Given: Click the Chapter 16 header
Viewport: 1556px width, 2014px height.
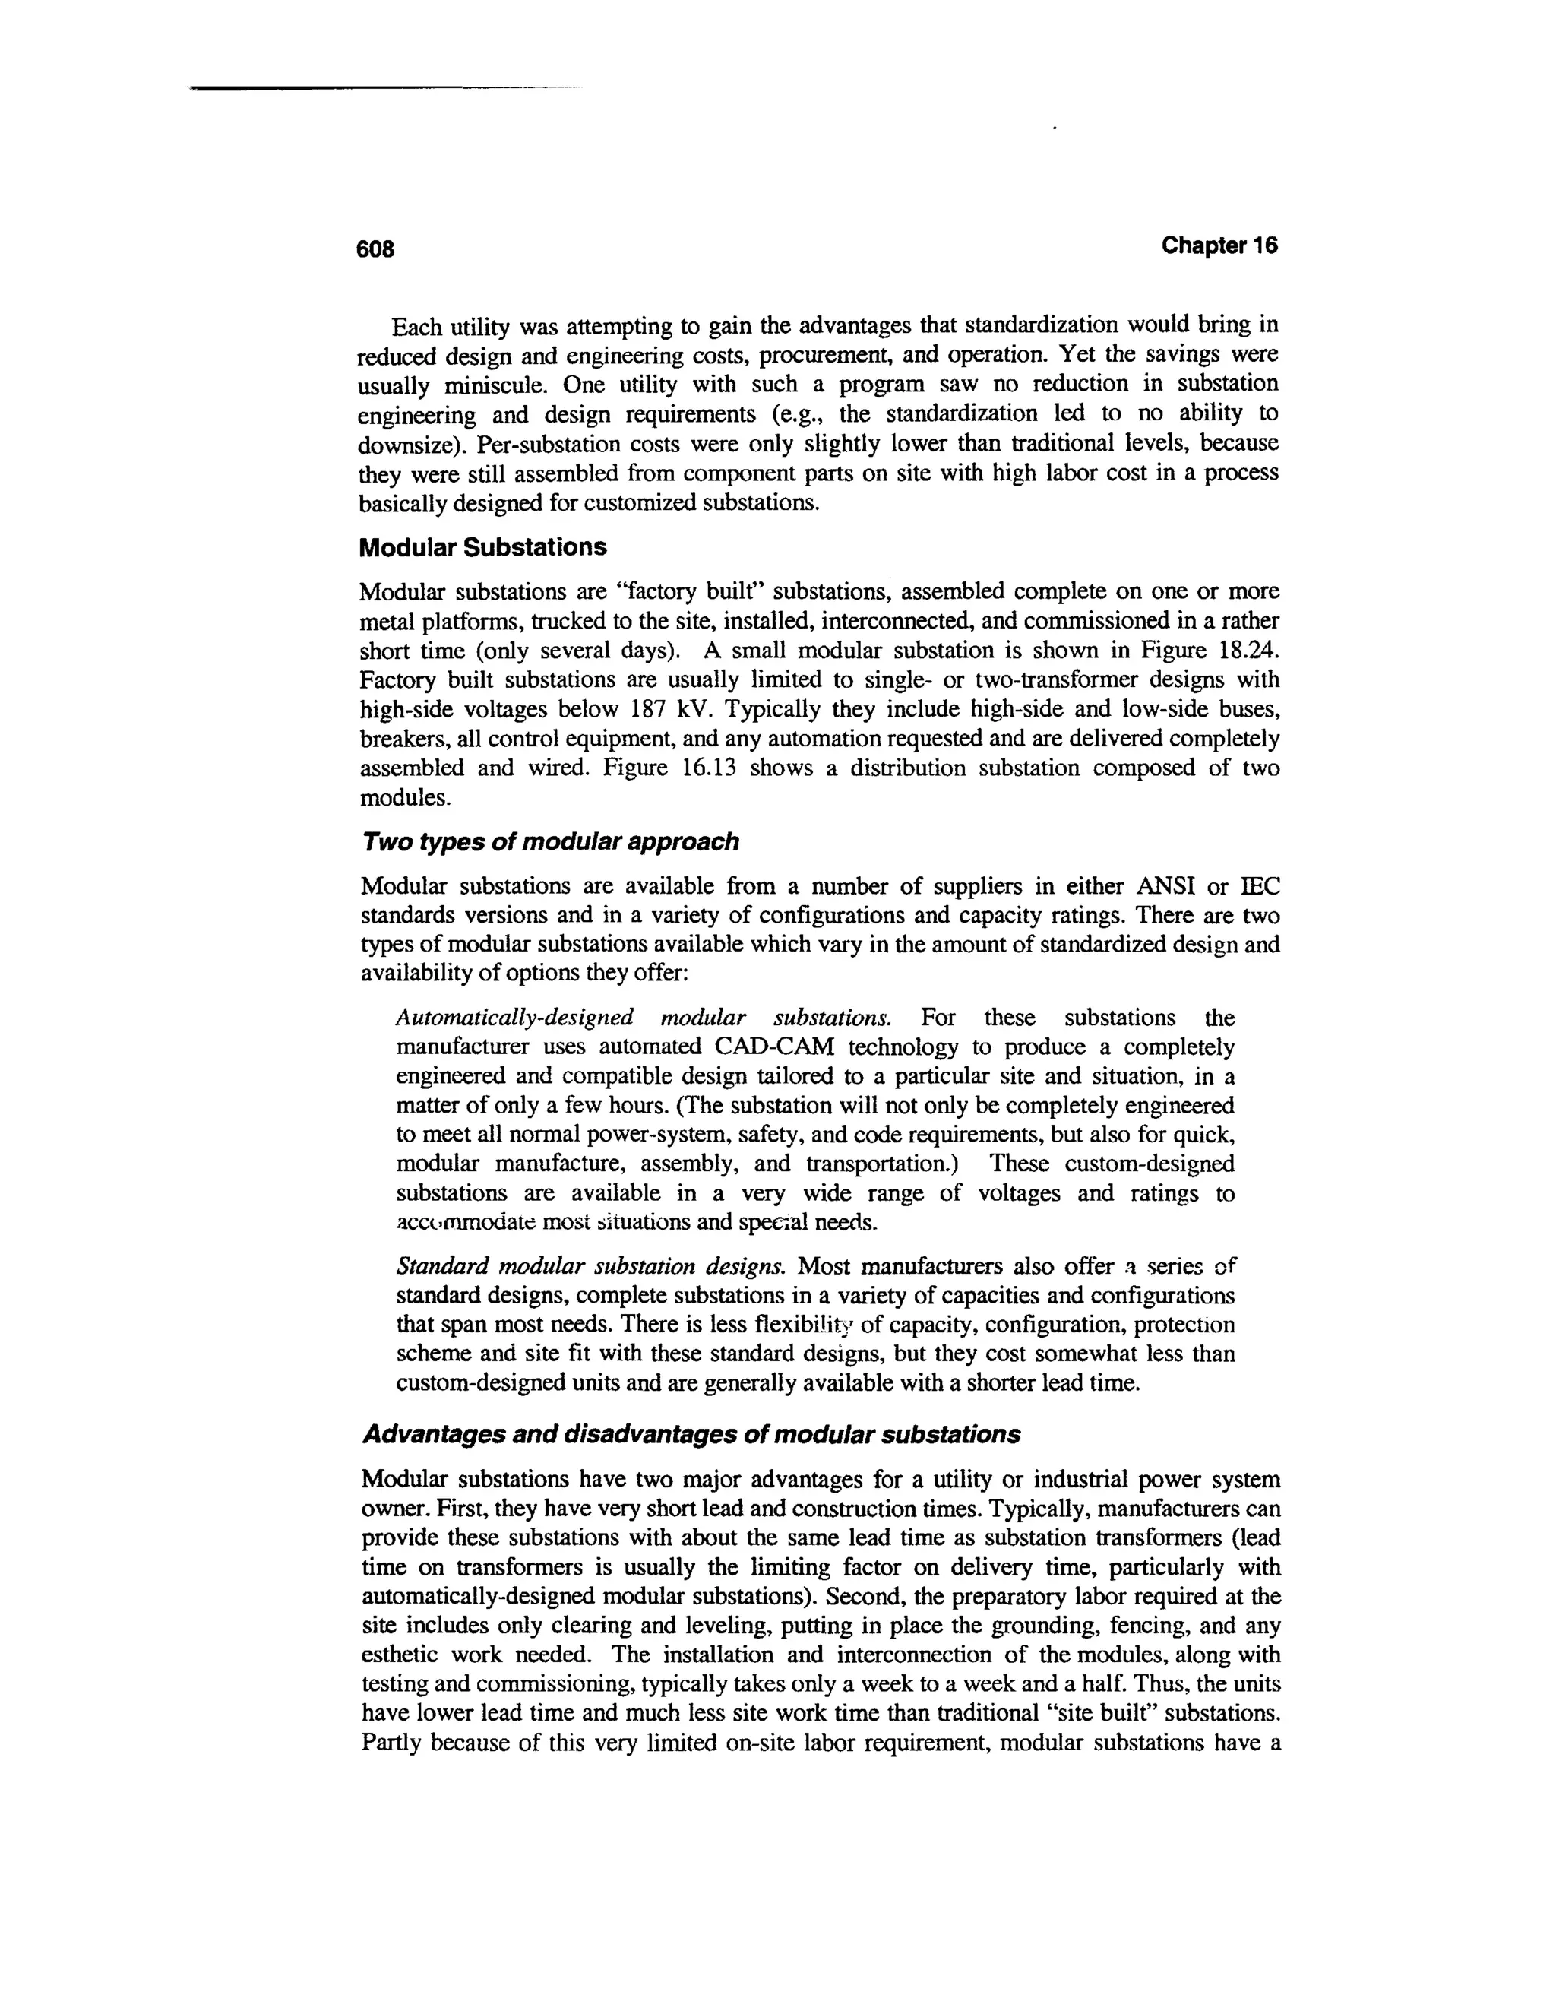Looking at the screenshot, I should tap(1219, 245).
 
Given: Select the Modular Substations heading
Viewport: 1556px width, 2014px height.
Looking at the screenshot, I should tap(482, 548).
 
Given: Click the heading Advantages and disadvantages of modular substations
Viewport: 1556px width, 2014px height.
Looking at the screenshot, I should tap(691, 1435).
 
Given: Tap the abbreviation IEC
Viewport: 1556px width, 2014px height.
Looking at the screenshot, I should tap(1260, 886).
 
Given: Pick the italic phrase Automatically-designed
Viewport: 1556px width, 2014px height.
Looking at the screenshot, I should tap(514, 1018).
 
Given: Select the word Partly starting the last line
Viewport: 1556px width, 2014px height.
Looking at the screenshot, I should tap(393, 1743).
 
